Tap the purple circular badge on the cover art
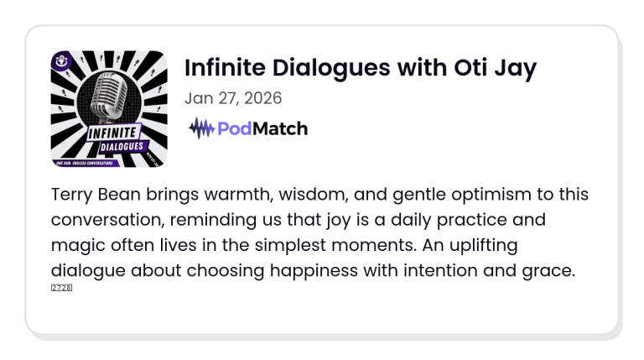(x=60, y=60)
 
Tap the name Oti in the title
(x=466, y=68)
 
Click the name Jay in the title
(x=514, y=68)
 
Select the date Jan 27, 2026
(x=232, y=98)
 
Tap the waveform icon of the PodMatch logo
(x=201, y=128)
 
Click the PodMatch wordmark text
(x=262, y=128)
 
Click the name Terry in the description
(x=73, y=195)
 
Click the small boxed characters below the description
(x=61, y=288)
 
